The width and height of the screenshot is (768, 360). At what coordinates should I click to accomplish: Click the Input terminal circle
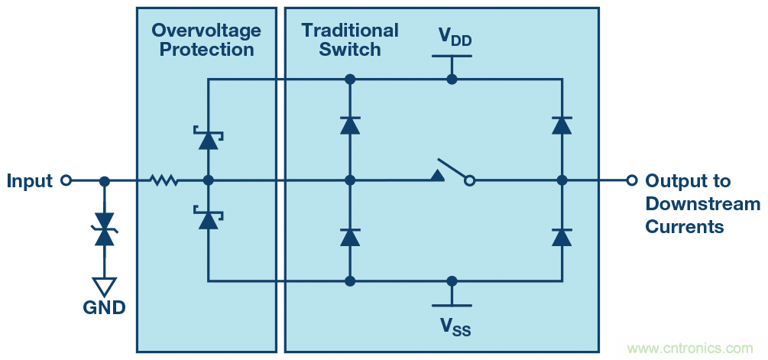click(66, 180)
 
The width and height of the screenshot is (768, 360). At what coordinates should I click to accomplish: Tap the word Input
click(30, 181)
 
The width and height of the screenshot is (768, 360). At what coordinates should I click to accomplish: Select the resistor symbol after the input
click(164, 180)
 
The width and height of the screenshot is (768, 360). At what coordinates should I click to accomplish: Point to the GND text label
click(105, 308)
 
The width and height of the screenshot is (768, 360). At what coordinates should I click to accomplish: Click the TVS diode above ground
click(105, 229)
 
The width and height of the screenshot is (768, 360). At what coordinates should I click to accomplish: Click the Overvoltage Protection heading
click(206, 40)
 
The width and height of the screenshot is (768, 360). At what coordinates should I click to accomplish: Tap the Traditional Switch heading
click(350, 40)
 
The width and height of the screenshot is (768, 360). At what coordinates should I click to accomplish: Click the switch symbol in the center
click(453, 174)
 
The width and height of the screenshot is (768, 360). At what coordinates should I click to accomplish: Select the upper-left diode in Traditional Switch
click(350, 125)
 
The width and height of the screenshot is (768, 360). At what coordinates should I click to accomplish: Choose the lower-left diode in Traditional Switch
click(350, 236)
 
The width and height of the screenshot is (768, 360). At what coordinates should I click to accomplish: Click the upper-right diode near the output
click(562, 125)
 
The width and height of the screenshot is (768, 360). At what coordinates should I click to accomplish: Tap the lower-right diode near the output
click(562, 236)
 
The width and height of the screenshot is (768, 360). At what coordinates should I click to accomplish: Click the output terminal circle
click(631, 180)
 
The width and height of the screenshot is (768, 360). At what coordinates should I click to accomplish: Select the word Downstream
click(702, 204)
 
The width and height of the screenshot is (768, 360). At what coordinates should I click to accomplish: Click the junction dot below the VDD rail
click(452, 79)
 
